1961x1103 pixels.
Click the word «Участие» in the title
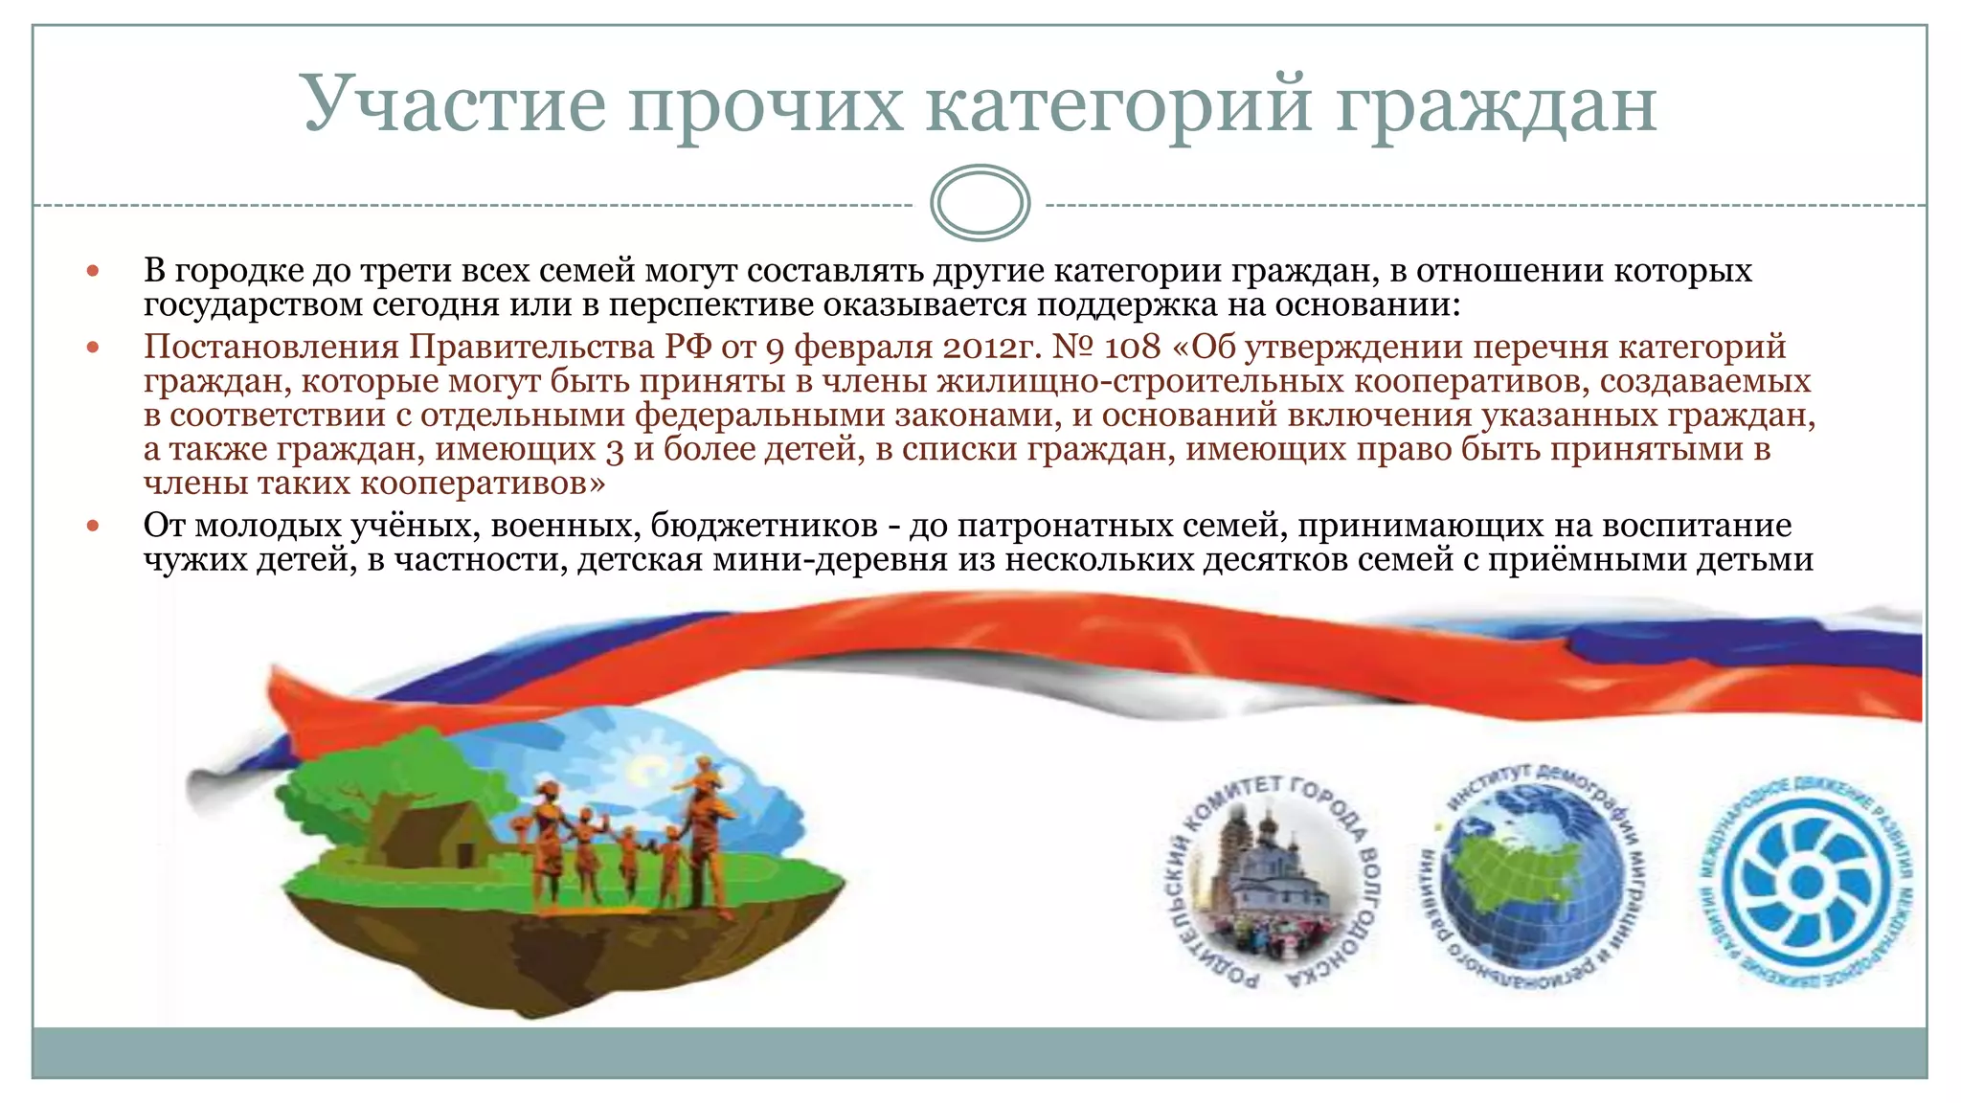[x=454, y=103]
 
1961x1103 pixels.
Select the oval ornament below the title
[x=980, y=203]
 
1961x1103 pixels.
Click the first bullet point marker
[x=93, y=272]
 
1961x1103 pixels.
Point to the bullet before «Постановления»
[x=93, y=348]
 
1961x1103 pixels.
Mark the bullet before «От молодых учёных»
[x=93, y=526]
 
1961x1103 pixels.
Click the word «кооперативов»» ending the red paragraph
[x=483, y=484]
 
